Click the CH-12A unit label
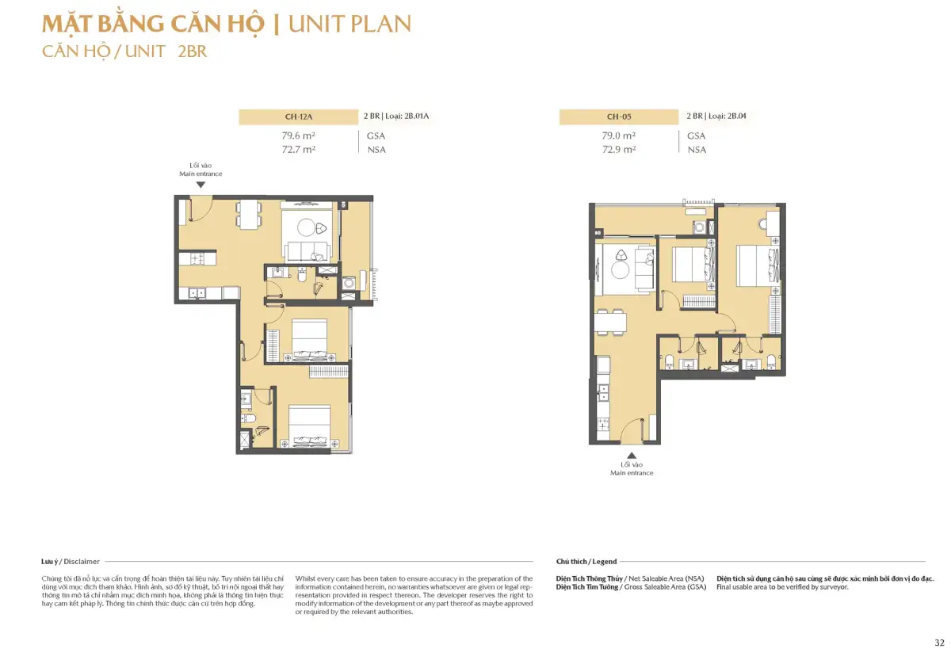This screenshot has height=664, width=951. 299,116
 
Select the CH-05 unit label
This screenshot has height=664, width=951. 619,116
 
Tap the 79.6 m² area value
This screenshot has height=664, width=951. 299,135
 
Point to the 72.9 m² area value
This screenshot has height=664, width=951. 619,150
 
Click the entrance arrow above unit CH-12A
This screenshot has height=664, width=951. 201,185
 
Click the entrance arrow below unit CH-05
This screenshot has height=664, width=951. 632,456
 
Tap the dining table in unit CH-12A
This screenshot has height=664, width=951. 249,215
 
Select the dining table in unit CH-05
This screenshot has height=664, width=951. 610,322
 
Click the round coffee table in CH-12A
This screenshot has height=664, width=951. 306,227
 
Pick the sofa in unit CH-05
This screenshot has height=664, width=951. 644,269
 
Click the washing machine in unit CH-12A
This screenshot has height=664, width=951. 349,283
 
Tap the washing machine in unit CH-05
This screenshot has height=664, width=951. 699,227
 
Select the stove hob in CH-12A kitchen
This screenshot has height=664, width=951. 197,258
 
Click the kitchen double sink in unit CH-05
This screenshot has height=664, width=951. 602,393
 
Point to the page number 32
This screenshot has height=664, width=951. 940,643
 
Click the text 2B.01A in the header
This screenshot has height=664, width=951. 417,116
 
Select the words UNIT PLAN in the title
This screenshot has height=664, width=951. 349,24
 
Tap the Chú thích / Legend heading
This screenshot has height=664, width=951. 586,561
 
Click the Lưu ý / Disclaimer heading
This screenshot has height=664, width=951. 71,561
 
